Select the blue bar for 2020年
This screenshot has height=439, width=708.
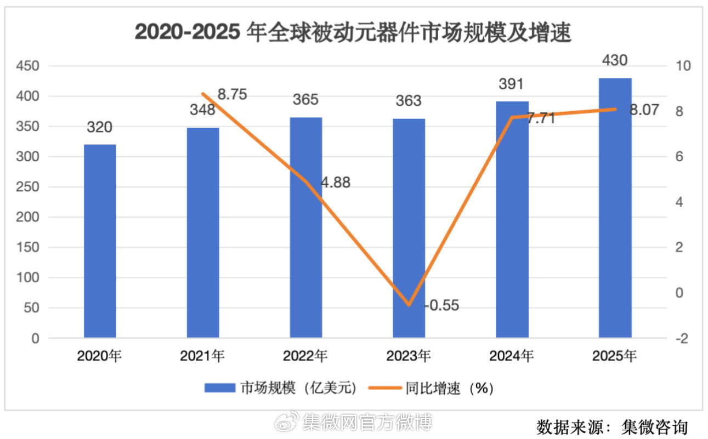tap(100, 241)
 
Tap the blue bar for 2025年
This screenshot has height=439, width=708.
tap(615, 208)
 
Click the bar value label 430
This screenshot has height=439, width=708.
tap(614, 60)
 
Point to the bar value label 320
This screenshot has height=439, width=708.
tap(100, 128)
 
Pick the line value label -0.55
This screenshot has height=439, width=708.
tap(442, 305)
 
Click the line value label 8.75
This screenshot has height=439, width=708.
tap(232, 94)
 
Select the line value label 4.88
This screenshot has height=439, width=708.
tap(335, 183)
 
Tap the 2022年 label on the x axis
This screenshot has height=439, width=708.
tap(305, 357)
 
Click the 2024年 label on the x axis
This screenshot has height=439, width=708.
tap(511, 357)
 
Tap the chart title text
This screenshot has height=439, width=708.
tap(353, 33)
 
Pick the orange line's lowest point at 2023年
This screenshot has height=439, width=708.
tap(409, 305)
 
